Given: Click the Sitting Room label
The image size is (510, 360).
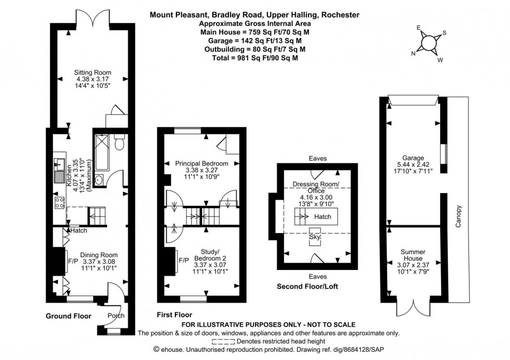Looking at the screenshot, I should point(93,72).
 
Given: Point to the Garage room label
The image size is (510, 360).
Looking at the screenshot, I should point(413,158).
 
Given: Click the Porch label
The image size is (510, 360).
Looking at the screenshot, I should point(115,316).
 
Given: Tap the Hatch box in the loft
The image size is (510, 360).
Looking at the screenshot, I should point(323,216).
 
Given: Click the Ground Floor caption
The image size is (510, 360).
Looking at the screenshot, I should point(68,316).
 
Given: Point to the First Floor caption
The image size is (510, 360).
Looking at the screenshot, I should point(174,315).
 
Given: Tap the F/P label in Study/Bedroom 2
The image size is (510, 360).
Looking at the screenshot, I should point(183,260).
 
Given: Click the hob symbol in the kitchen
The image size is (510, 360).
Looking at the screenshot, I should point(58,203).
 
